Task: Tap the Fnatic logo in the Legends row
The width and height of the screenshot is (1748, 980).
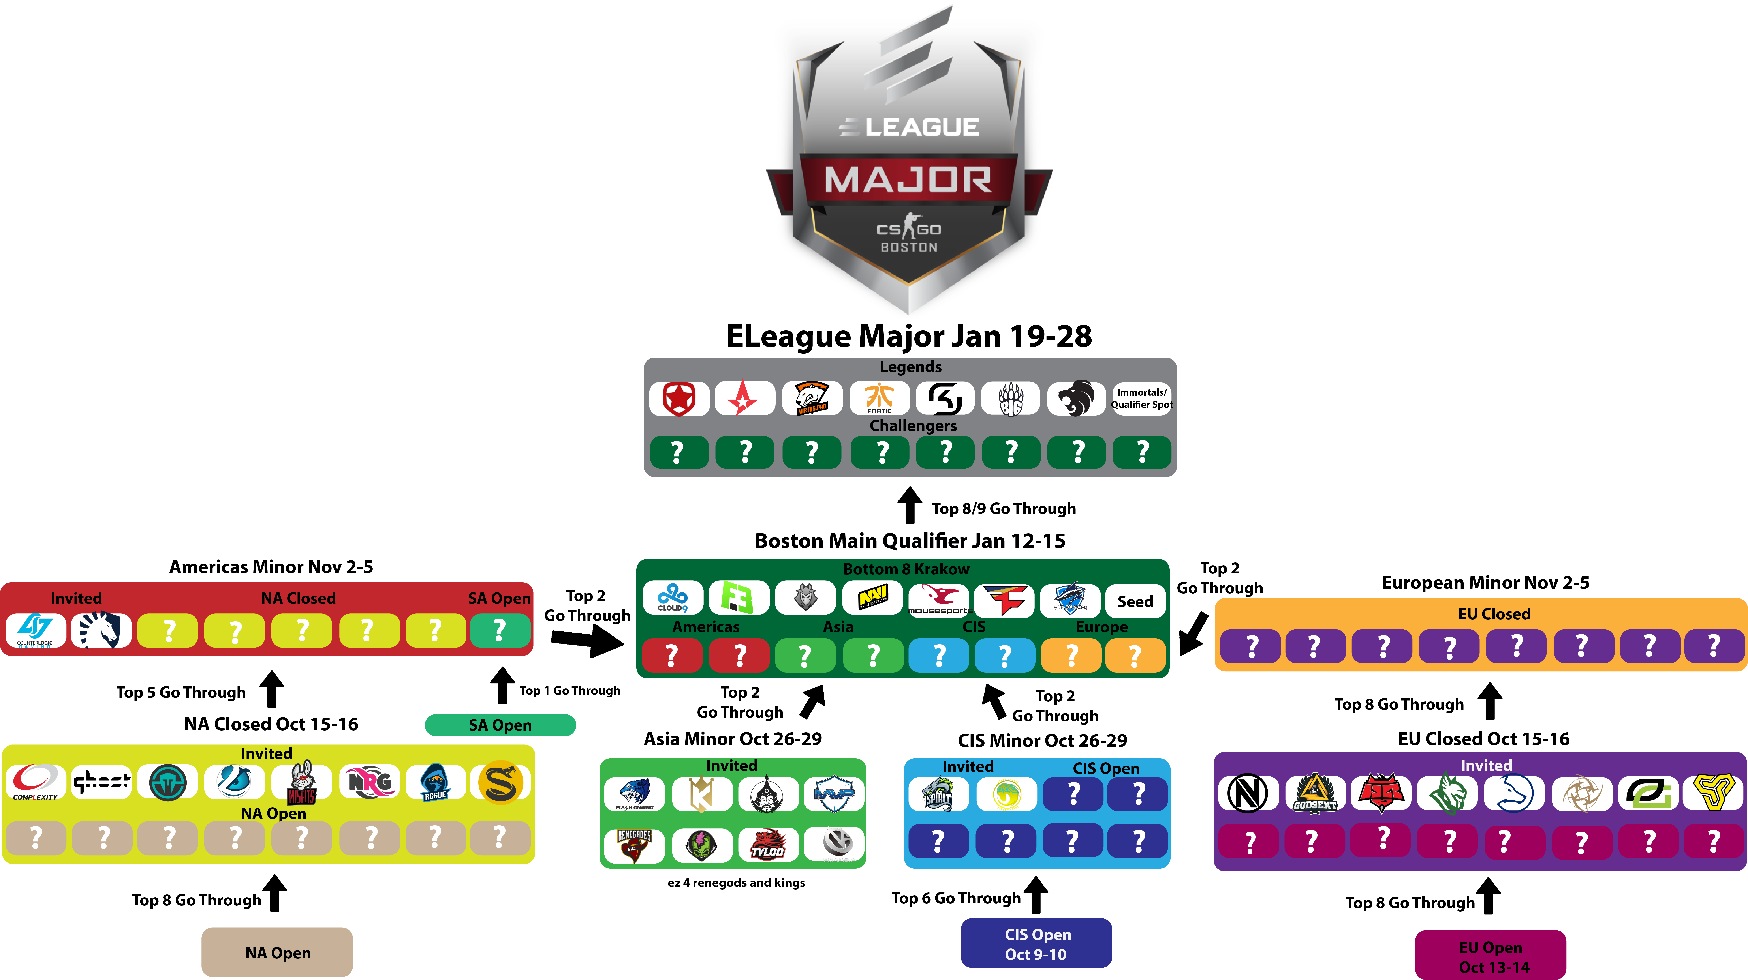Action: (x=879, y=398)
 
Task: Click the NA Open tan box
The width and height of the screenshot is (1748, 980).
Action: (x=277, y=952)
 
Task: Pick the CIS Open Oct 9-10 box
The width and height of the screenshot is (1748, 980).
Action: (x=1036, y=943)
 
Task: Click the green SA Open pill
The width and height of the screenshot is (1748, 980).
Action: (x=500, y=725)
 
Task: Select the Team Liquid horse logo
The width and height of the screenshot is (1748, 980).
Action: (x=100, y=630)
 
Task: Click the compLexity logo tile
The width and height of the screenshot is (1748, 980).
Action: (x=35, y=782)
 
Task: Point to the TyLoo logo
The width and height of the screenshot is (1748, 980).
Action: (x=767, y=844)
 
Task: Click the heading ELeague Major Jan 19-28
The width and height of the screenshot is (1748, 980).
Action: (x=909, y=336)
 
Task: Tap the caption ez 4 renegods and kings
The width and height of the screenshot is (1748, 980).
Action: (x=736, y=882)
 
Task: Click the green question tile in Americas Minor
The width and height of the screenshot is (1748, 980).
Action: (x=499, y=630)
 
